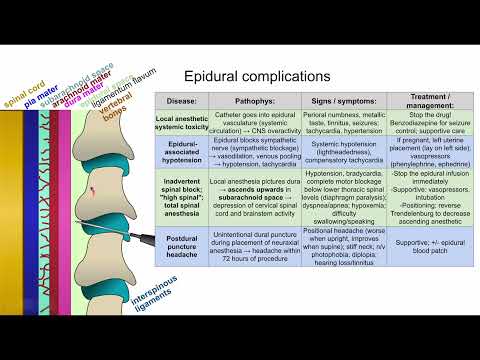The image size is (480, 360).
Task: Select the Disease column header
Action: pos(180,101)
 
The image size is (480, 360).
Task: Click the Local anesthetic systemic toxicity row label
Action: pos(180,123)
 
